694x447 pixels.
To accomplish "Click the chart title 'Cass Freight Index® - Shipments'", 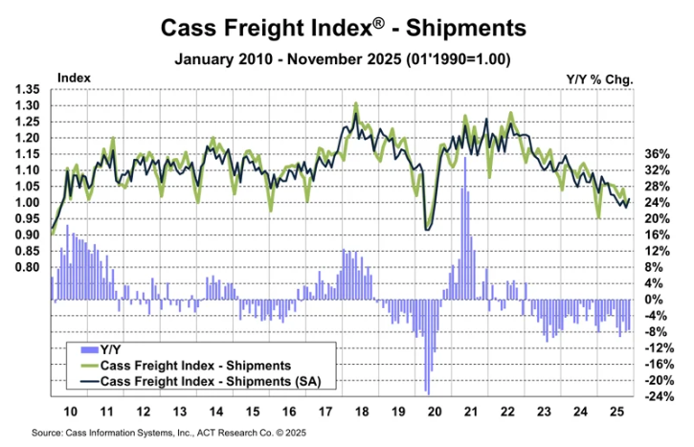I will coord(347,27).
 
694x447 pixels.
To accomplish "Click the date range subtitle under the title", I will coord(347,58).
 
